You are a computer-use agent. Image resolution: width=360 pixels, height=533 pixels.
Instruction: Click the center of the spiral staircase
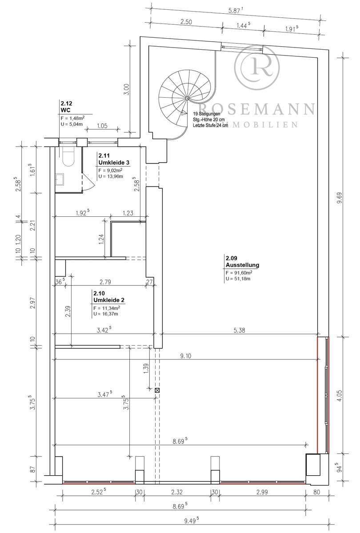coord(188,98)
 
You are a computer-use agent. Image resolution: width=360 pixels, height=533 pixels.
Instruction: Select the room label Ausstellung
coord(242,265)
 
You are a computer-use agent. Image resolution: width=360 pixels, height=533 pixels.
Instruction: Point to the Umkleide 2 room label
coord(109,300)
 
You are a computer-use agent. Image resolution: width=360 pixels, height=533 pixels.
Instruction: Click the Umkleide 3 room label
coord(114,163)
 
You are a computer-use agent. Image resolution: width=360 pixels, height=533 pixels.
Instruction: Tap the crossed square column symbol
coord(157,390)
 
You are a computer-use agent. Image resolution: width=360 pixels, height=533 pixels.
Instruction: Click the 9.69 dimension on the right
coord(340,197)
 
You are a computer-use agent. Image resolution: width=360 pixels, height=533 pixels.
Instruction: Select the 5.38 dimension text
coord(239,330)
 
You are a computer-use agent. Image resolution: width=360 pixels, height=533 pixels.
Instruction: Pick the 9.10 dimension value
coord(186,356)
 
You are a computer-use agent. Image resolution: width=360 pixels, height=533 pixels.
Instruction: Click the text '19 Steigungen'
coord(206,114)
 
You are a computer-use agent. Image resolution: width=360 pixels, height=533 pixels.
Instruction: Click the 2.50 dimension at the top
coord(186,22)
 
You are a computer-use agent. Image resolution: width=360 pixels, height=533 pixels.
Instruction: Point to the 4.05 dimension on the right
coord(340,395)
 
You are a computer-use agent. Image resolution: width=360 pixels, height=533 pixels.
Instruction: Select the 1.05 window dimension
coord(102,126)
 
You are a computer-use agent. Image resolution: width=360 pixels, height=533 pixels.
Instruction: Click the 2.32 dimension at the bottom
coord(177,492)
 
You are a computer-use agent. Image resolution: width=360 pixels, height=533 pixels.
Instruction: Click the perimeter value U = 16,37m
coord(106,314)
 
